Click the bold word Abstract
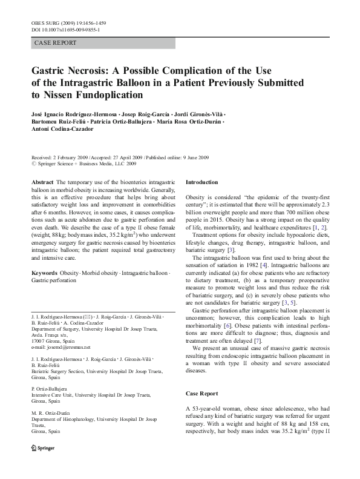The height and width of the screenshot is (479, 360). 42,182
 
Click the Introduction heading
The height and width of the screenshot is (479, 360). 201,182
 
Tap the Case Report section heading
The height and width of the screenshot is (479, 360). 202,394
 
